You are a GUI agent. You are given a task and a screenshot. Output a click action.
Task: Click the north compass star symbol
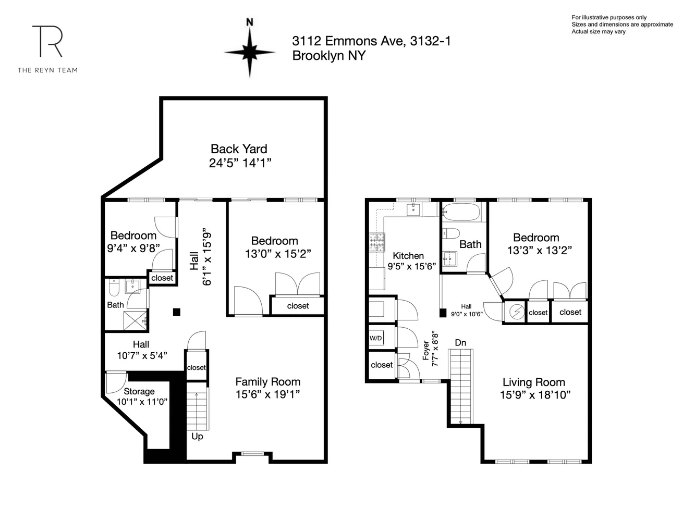pyautogui.click(x=250, y=53)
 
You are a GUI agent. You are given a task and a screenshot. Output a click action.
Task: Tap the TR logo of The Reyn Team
pyautogui.click(x=47, y=42)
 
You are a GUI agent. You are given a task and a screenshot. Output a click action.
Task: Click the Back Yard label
pyautogui.click(x=239, y=149)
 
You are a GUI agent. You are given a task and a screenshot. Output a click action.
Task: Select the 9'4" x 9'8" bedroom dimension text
pyautogui.click(x=133, y=249)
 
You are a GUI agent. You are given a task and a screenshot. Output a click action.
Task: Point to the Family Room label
pyautogui.click(x=267, y=382)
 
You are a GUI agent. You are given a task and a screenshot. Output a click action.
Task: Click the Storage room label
pyautogui.click(x=139, y=391)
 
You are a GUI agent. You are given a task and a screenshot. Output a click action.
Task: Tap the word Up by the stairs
pyautogui.click(x=197, y=436)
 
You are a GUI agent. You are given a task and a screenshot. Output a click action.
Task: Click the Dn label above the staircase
pyautogui.click(x=460, y=343)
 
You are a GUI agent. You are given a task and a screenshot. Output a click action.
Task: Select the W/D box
pyautogui.click(x=375, y=338)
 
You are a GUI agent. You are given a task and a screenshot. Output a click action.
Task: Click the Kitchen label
pyautogui.click(x=408, y=256)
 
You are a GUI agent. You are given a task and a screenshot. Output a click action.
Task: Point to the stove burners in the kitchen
pyautogui.click(x=377, y=242)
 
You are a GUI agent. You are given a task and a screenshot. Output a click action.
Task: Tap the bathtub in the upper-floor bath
pyautogui.click(x=460, y=212)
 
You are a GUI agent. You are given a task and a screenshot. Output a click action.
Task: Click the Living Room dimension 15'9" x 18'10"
pyautogui.click(x=535, y=395)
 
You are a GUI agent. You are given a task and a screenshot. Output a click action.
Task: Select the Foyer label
pyautogui.click(x=426, y=350)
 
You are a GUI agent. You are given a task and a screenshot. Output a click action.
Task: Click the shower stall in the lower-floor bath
pyautogui.click(x=136, y=320)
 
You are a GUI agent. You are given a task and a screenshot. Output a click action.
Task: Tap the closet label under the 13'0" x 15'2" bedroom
pyautogui.click(x=298, y=306)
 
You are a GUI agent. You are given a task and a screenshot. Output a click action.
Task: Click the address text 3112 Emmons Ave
pyautogui.click(x=348, y=41)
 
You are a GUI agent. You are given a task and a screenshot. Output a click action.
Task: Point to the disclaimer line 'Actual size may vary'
pyautogui.click(x=599, y=32)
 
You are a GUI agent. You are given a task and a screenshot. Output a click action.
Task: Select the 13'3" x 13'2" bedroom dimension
pyautogui.click(x=539, y=251)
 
